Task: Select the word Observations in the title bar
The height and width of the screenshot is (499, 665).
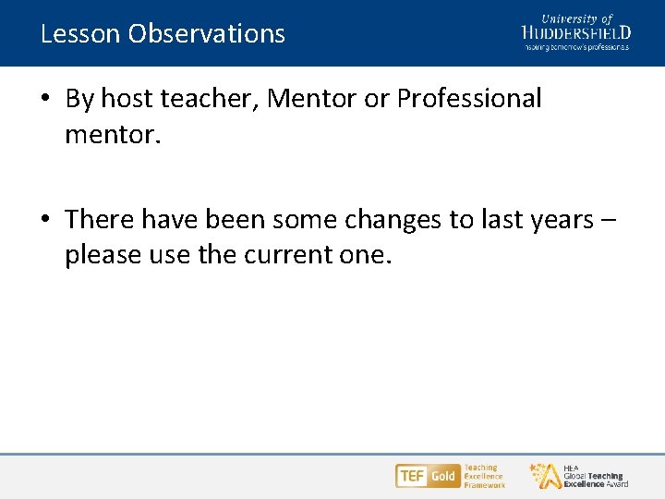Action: click(207, 34)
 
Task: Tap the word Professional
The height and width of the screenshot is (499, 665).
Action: click(469, 99)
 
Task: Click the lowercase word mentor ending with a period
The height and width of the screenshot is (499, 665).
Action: click(113, 136)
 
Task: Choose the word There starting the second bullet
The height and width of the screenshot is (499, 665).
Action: click(99, 220)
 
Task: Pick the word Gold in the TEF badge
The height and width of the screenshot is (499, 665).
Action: click(443, 476)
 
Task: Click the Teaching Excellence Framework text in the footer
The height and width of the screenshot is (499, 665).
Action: click(484, 476)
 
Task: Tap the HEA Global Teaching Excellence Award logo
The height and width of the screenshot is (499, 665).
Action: click(580, 476)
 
